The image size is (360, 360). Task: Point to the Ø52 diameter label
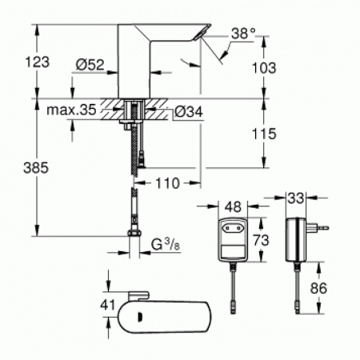coord(90,65)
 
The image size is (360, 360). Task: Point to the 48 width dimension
coord(230,206)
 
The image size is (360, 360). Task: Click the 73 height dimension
coord(262,239)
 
